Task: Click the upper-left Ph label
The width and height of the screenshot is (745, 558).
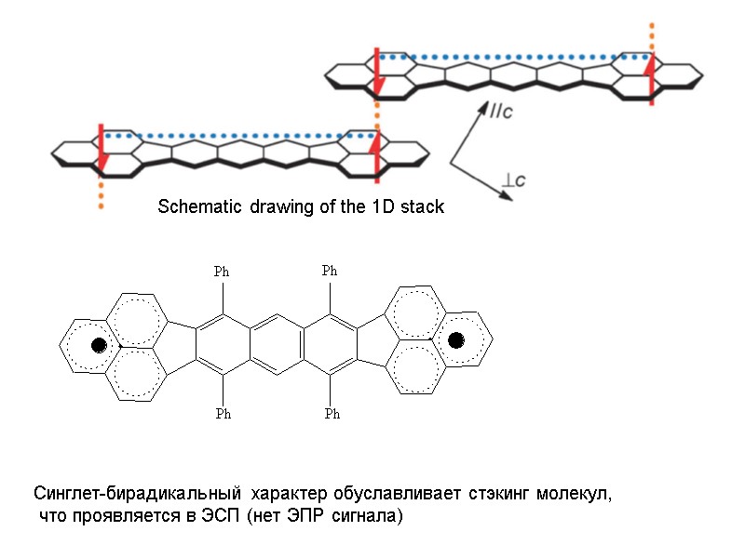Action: pyautogui.click(x=222, y=272)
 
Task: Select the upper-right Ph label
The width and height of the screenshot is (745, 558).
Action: pyautogui.click(x=330, y=271)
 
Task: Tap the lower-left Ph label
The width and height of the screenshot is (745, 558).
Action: pyautogui.click(x=223, y=414)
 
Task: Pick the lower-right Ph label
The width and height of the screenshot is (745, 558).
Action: pyautogui.click(x=332, y=414)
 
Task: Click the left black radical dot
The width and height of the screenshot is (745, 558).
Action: pyautogui.click(x=98, y=346)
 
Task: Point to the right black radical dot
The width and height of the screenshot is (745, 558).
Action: pyautogui.click(x=455, y=340)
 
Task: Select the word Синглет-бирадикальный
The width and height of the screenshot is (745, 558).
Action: pyautogui.click(x=129, y=493)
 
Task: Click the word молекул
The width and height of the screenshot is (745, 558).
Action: pyautogui.click(x=579, y=493)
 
